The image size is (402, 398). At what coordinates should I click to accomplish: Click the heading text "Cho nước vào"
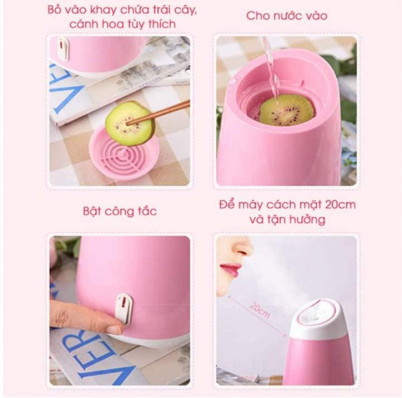pyautogui.click(x=286, y=16)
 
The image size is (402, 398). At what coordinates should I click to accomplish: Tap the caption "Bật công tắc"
pyautogui.click(x=120, y=211)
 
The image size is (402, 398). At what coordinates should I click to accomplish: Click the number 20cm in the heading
pyautogui.click(x=340, y=204)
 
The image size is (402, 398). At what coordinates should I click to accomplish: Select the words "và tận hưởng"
pyautogui.click(x=287, y=219)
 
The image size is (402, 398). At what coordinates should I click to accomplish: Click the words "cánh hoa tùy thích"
pyautogui.click(x=123, y=24)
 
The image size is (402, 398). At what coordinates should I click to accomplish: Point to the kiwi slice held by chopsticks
pyautogui.click(x=130, y=123)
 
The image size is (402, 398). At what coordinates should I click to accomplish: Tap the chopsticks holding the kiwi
pyautogui.click(x=158, y=113)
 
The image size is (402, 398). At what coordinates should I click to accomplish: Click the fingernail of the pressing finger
pyautogui.click(x=114, y=330)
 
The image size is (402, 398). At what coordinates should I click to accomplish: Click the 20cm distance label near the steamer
pyautogui.click(x=260, y=310)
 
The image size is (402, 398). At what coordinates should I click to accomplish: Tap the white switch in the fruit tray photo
pyautogui.click(x=63, y=49)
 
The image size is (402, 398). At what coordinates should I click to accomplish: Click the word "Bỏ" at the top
pyautogui.click(x=54, y=10)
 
